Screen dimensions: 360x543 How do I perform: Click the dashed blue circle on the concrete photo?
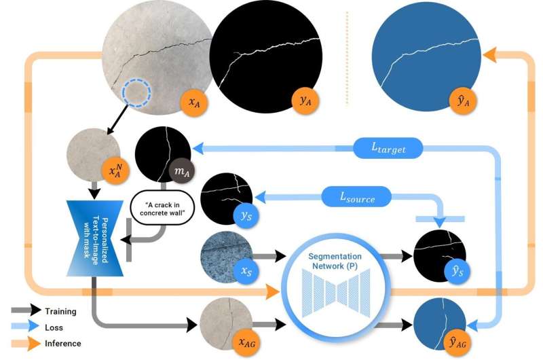click(x=138, y=94)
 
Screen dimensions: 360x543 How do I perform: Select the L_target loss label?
click(x=388, y=146)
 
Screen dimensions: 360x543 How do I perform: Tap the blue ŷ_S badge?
click(x=457, y=271)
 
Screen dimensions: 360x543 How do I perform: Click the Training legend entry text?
click(x=60, y=312)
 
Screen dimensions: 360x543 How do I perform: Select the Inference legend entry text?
click(x=62, y=344)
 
